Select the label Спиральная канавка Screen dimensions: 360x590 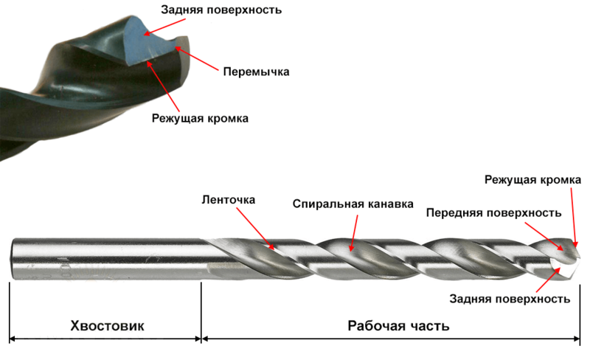353,203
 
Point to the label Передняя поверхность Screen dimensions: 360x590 494,213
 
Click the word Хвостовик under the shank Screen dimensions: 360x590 107,325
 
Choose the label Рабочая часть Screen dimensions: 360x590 399,325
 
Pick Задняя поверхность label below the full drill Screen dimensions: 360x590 509,299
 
